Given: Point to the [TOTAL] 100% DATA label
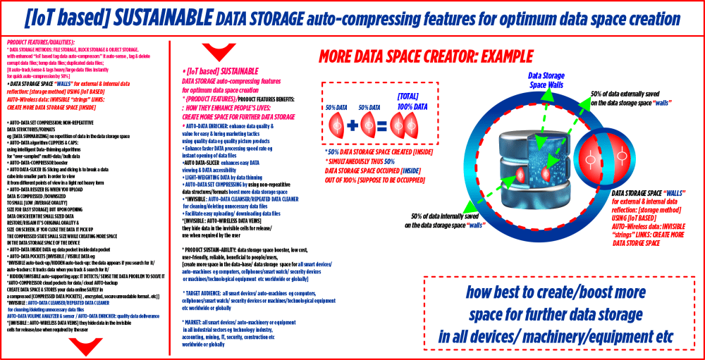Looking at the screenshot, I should (410, 102).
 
